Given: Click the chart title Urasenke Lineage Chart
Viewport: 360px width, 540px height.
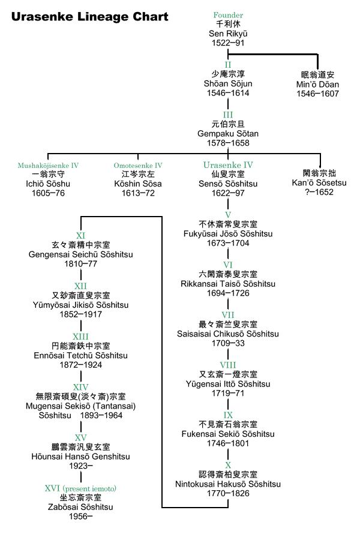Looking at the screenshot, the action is click(89, 17).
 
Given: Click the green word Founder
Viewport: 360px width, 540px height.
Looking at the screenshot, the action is click(228, 15).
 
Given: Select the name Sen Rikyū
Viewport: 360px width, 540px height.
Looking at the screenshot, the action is click(228, 34).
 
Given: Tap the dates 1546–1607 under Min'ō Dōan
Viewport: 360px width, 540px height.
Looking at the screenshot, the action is click(317, 94).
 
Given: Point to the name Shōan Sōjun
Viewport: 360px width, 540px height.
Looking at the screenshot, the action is click(228, 83).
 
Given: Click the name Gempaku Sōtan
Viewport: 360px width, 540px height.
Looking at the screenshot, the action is click(228, 134).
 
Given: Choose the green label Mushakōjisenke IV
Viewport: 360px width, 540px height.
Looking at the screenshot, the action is click(48, 166).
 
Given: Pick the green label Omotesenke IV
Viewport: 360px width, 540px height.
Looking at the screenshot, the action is click(138, 166).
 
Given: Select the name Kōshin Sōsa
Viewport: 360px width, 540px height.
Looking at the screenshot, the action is click(138, 184).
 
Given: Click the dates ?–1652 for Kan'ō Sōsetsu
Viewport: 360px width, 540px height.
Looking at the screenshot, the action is click(319, 192).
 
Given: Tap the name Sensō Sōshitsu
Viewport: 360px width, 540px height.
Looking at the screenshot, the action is click(228, 184).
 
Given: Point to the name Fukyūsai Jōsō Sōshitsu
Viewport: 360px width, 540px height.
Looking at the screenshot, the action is click(228, 234).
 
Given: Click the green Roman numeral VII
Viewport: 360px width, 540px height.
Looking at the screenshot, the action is click(228, 315).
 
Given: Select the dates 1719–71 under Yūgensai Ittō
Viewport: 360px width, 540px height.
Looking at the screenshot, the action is click(228, 393).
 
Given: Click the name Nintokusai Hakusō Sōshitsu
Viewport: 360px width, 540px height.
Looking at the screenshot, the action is click(228, 484).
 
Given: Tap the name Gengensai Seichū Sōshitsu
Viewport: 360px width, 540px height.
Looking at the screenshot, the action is click(80, 255).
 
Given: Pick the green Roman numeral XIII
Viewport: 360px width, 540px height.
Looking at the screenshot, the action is click(80, 337).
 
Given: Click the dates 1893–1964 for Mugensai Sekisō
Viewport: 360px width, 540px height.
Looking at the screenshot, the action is click(101, 416).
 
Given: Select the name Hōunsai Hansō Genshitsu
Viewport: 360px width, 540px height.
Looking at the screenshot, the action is click(80, 457).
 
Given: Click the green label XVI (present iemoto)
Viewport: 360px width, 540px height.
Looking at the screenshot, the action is click(80, 488).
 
